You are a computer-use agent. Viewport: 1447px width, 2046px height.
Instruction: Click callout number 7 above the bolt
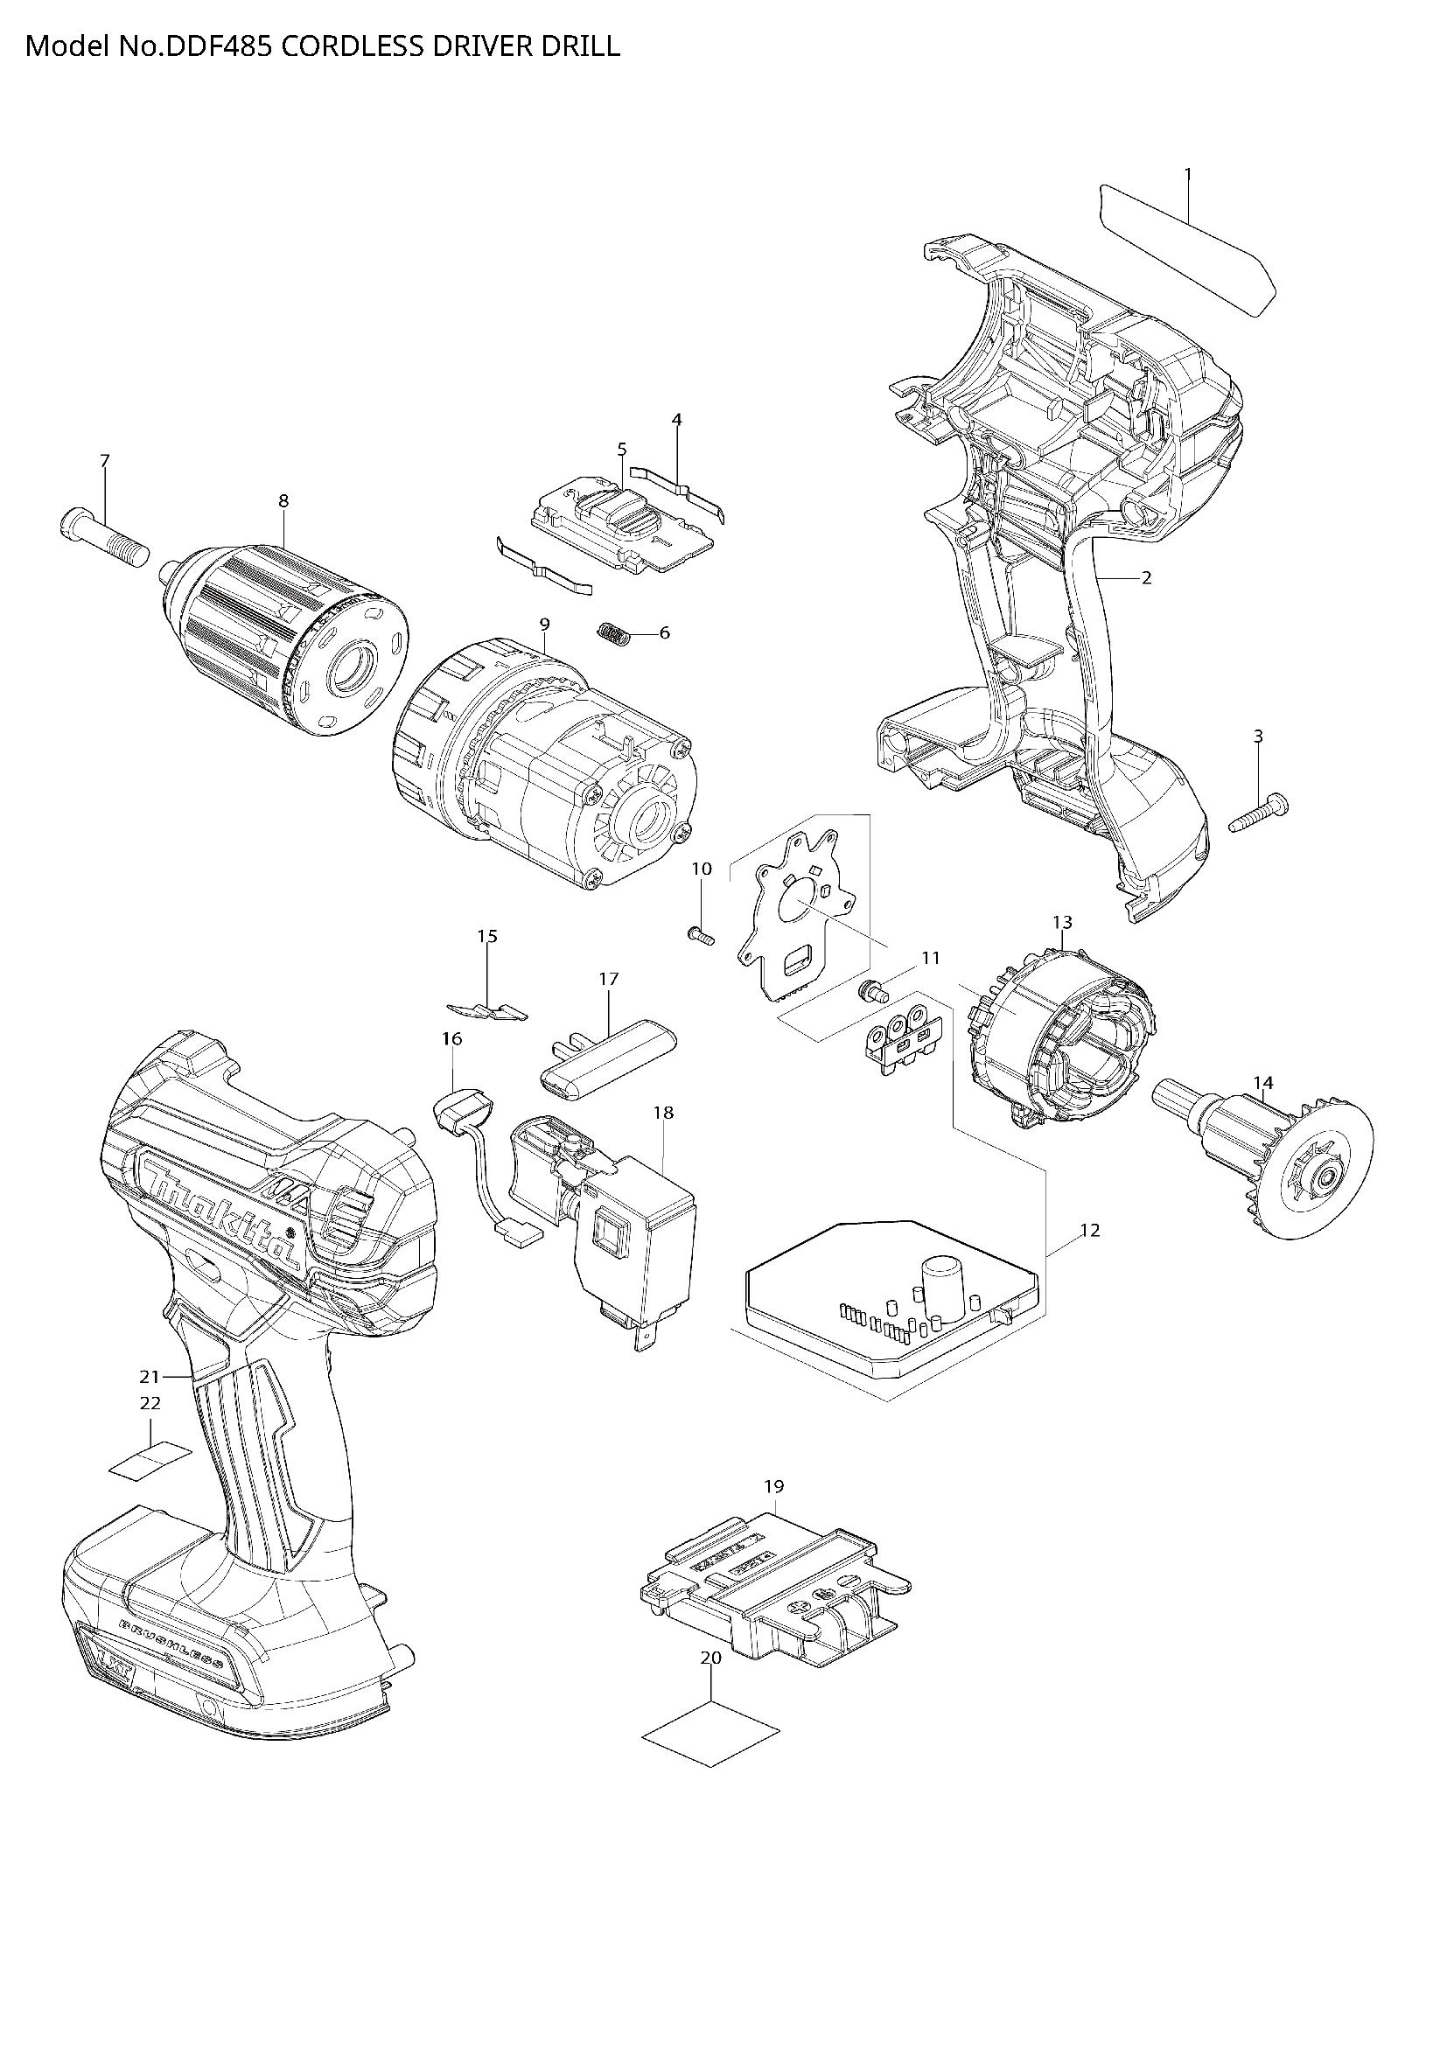[x=105, y=461]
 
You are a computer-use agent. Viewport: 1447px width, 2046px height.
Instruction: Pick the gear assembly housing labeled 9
[x=543, y=766]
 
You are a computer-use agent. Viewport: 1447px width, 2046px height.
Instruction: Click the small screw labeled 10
[x=703, y=936]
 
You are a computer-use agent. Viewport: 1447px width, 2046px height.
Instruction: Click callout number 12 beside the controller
[x=1089, y=1231]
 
